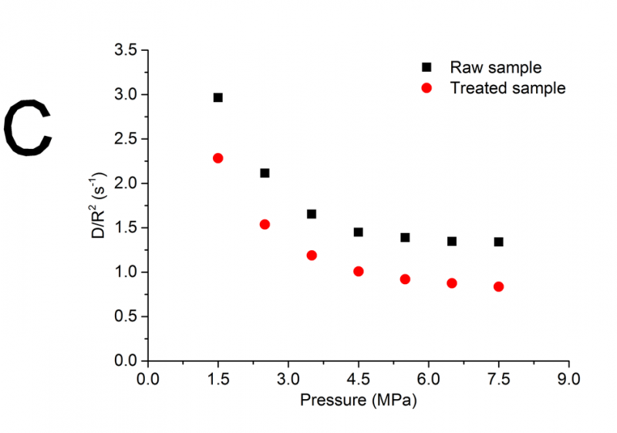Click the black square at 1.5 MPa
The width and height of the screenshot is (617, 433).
coord(218,97)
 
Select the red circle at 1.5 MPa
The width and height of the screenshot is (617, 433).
coord(218,158)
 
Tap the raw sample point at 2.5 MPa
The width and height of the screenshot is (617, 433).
coord(265,173)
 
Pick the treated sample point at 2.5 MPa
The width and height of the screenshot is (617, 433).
coord(265,225)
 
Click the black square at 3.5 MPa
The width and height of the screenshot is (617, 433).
coord(312,214)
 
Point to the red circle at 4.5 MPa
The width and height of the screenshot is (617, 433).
coord(359,272)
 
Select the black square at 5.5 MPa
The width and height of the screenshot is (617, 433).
coord(405,238)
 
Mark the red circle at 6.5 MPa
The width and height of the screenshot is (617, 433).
coord(452,283)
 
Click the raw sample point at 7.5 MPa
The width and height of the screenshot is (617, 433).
coord(499,242)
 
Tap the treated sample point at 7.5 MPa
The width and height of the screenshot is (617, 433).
coord(499,287)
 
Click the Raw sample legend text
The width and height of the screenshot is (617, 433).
coord(496,67)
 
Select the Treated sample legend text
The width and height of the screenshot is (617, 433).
coord(507,88)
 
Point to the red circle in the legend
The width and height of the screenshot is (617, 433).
coord(427,88)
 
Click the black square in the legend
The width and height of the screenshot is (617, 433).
coord(427,67)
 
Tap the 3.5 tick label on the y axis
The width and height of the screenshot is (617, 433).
coord(126,50)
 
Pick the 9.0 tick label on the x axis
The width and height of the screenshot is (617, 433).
coord(568,380)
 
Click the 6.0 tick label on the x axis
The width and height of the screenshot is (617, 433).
coord(428,380)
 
